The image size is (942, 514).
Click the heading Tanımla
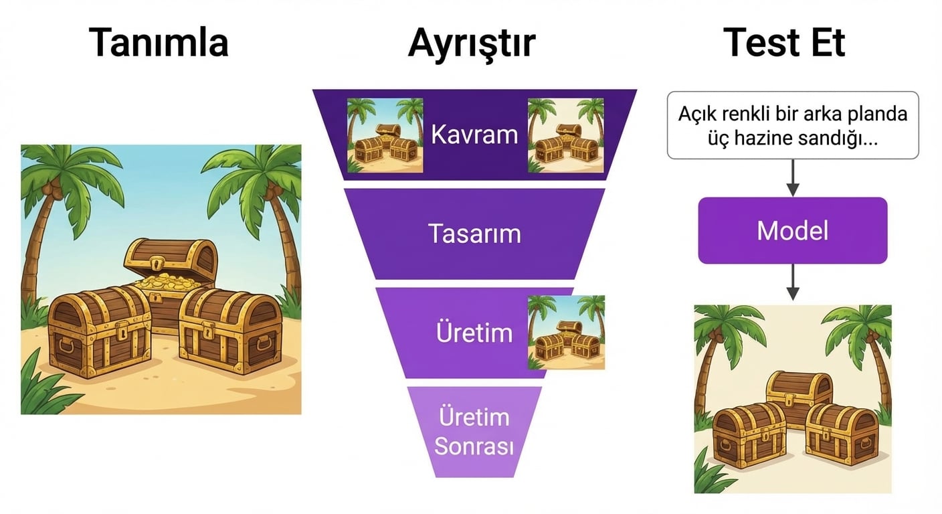[159, 43]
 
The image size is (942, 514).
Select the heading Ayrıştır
[472, 43]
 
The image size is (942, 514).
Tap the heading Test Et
[785, 43]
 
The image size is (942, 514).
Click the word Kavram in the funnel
[474, 135]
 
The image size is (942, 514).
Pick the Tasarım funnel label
[474, 234]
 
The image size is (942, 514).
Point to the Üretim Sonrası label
[474, 432]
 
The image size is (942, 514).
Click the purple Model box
[792, 231]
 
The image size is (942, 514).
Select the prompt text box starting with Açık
[792, 125]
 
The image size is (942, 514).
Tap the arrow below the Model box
[792, 281]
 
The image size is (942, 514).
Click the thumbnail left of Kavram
[385, 135]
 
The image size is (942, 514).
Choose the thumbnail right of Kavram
[565, 135]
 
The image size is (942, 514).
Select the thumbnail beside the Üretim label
[566, 333]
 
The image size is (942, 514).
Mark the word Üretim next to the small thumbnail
[474, 333]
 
